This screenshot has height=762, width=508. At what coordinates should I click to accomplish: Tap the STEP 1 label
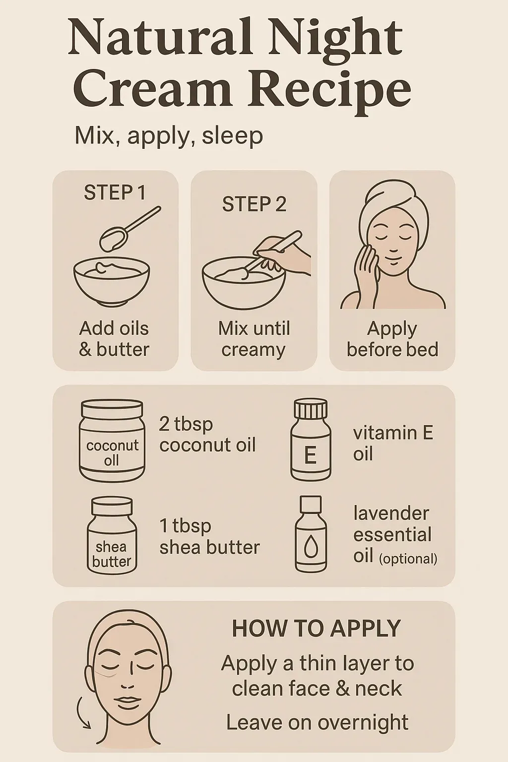pos(115,192)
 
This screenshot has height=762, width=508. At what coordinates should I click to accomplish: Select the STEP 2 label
pos(254,204)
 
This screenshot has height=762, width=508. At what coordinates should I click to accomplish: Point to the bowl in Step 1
pos(112,280)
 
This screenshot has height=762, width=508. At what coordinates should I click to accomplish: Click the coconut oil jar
pos(112,441)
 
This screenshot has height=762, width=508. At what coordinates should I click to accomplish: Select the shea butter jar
pos(112,536)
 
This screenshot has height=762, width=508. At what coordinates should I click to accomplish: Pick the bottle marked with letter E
pos(311,440)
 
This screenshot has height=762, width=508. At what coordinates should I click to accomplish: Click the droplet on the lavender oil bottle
pos(311,547)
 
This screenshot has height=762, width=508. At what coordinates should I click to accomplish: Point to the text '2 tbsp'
pos(186,425)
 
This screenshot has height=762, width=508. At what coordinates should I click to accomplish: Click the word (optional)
pos(408,559)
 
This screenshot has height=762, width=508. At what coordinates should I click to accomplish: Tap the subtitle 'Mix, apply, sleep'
pos(169,136)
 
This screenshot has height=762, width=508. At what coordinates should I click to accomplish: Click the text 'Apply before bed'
pos(392,339)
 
